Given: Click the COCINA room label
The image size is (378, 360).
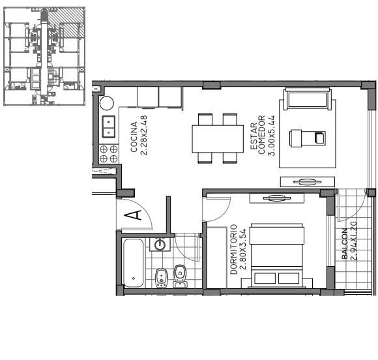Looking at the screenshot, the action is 134,137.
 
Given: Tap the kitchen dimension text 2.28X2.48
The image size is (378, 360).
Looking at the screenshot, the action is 143,135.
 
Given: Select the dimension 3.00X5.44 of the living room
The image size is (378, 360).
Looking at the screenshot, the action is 271,136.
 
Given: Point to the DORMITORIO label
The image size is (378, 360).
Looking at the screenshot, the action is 233,249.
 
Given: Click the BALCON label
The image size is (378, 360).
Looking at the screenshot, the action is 345,244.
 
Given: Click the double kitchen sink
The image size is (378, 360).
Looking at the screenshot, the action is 108,127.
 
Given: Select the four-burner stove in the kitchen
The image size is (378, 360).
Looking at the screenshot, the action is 108,154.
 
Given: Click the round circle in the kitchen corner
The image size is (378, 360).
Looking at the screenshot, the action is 106,103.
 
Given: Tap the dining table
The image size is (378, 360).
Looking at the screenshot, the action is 218,139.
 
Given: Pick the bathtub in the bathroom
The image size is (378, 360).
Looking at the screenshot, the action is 134,263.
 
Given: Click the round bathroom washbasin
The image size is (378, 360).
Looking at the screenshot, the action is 160,245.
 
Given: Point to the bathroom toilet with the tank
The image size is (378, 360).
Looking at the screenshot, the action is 180,277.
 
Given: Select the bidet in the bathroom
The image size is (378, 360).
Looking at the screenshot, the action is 161,278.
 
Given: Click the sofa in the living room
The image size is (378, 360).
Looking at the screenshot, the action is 307,99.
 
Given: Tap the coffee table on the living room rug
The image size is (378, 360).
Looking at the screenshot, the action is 308,138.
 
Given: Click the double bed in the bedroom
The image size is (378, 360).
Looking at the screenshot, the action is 277,255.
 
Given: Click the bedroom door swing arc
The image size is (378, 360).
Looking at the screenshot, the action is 222,213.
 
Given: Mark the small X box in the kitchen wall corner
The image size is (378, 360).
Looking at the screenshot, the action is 96,89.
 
